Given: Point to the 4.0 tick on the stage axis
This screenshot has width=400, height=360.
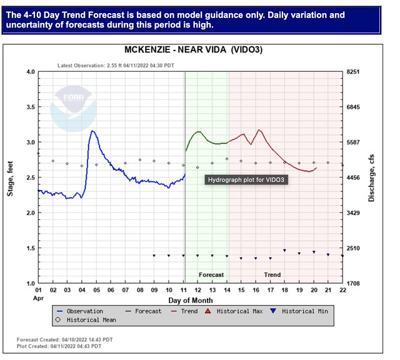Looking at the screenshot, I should [x=29, y=72].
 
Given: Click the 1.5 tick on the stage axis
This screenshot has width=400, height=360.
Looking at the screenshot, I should [x=29, y=249].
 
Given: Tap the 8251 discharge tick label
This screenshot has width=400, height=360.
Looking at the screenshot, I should [x=354, y=72].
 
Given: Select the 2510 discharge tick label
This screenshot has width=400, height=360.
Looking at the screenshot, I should [x=354, y=249].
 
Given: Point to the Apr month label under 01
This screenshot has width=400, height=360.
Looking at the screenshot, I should [x=39, y=298].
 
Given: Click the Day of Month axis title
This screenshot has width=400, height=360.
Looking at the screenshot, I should [x=190, y=300].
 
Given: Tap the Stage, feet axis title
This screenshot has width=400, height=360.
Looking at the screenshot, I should [x=10, y=178].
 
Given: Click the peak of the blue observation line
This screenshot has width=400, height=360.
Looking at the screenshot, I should [x=92, y=131].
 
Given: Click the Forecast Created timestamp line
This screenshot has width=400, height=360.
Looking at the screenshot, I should [x=65, y=339].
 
